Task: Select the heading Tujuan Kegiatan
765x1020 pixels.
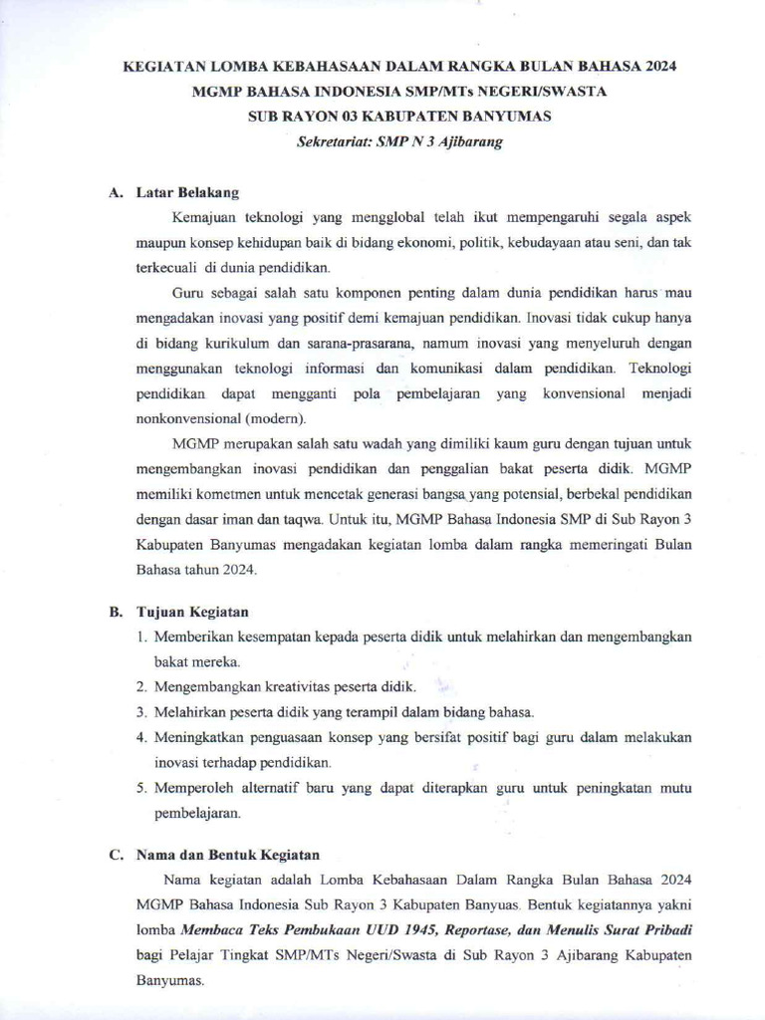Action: [192, 612]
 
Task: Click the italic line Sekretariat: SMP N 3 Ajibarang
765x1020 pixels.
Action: [399, 142]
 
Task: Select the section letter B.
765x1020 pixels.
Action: [116, 612]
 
